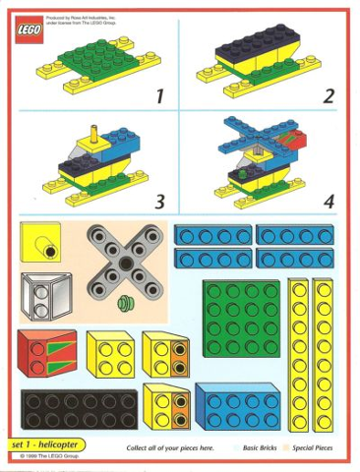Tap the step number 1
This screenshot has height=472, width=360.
(157, 96)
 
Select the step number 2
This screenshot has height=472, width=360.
(329, 96)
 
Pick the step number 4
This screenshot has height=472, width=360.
(329, 203)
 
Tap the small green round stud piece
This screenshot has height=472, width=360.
(125, 303)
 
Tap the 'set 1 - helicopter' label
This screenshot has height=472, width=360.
(49, 445)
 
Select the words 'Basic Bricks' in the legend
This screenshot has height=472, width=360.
(261, 448)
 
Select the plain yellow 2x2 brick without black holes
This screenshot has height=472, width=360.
(109, 352)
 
